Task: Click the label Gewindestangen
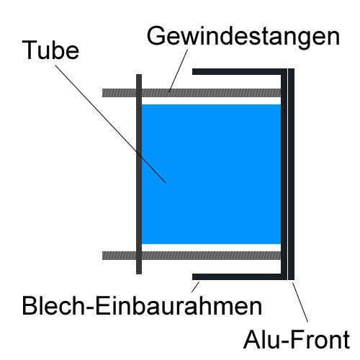coord(243,36)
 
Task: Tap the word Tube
coord(50,50)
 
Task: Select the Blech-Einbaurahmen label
coord(142,306)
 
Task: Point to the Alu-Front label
coord(297,340)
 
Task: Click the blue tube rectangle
coord(211,174)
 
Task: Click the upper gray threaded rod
coord(192,93)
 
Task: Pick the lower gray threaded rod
coord(192,256)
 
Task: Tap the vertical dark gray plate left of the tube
coord(139,174)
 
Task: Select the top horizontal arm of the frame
coord(237,71)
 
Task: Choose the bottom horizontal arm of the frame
coord(237,276)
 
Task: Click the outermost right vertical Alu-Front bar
coord(291,174)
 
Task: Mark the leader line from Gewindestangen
coord(178,71)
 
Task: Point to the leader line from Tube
coord(111,124)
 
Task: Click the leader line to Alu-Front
coord(300,302)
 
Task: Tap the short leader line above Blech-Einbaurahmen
coord(195,287)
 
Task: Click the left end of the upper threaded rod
coord(103,93)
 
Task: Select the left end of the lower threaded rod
coord(103,256)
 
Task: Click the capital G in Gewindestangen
coord(156,35)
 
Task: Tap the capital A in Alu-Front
coord(252,339)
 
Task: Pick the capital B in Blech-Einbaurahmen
coord(30,306)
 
